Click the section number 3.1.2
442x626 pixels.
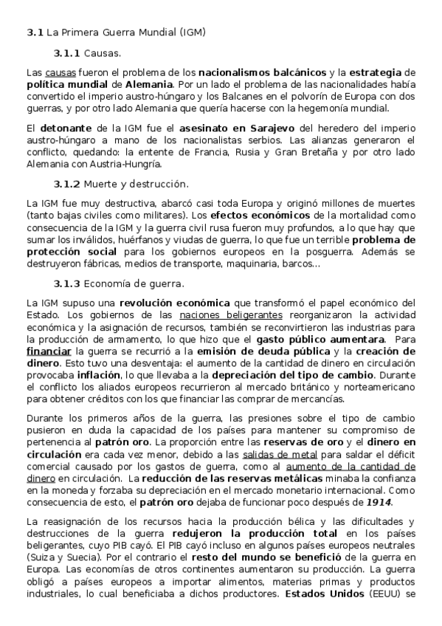pos(67,183)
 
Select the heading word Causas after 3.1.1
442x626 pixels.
pos(103,54)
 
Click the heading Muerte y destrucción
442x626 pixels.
pos(137,183)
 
